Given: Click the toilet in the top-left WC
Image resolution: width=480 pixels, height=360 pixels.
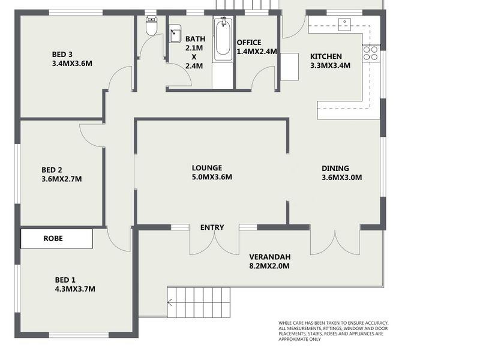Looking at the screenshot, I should [x=151, y=26].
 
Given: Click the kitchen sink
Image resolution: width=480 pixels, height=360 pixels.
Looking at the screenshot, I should [x=346, y=24].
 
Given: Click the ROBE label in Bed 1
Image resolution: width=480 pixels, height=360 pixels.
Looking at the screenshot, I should [x=53, y=238].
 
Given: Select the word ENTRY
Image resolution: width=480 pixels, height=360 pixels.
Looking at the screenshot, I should [x=212, y=227].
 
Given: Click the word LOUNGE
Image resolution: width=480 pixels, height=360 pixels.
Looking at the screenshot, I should [x=207, y=168].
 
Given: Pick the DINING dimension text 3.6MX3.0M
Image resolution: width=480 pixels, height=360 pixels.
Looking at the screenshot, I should [x=342, y=178].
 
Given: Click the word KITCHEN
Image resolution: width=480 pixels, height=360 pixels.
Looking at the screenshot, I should [x=326, y=56].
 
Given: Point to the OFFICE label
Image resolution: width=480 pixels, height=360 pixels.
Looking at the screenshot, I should [x=249, y=42].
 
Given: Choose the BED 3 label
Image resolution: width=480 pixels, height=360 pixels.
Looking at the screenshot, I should [x=62, y=54].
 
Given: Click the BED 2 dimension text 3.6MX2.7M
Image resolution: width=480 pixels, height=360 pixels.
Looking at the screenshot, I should [x=62, y=179].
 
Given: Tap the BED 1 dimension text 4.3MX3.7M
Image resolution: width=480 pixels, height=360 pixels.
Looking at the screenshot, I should [x=75, y=289].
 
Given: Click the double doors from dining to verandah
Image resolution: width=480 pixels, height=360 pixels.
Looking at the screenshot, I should [x=334, y=242].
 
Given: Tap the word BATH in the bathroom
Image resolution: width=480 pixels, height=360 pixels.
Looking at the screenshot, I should [x=195, y=38].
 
